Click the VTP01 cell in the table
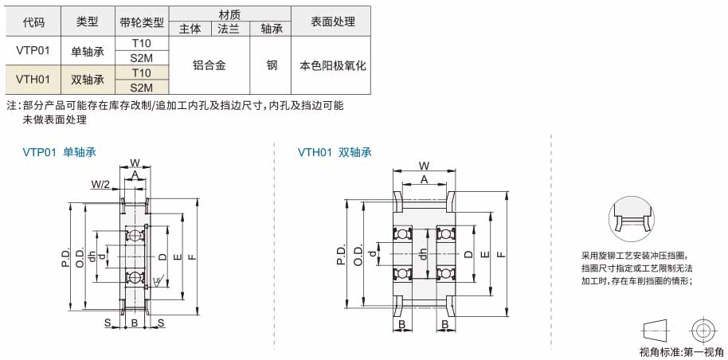click(x=33, y=51)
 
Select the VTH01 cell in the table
click(x=33, y=80)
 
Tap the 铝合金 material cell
click(x=209, y=65)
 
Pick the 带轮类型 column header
click(x=142, y=22)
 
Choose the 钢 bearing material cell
click(x=272, y=65)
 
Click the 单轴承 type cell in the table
click(x=88, y=51)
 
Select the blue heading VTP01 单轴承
click(x=60, y=152)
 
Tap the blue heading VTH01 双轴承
click(x=335, y=152)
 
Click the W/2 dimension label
click(x=100, y=185)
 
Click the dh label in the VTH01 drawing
click(x=422, y=254)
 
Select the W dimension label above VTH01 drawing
click(x=424, y=166)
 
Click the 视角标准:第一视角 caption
click(x=681, y=352)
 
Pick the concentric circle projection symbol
click(x=703, y=331)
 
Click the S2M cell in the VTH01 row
click(x=142, y=87)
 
